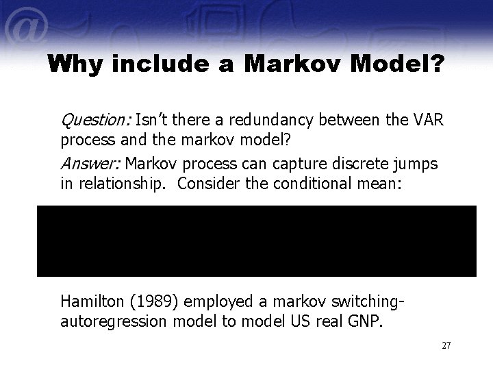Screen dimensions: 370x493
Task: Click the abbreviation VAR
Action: click(430, 121)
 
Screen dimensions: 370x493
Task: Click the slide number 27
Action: click(446, 345)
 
